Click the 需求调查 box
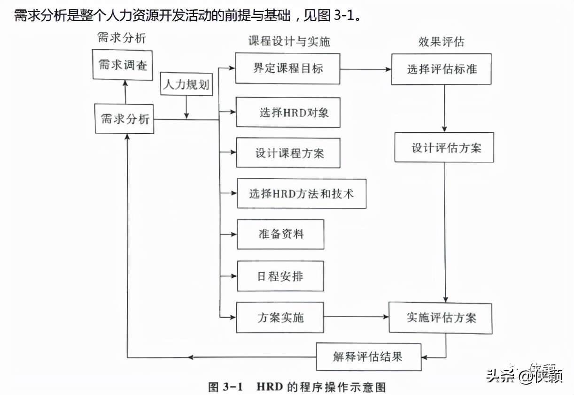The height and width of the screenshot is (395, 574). click(123, 65)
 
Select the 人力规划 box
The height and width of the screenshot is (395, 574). click(185, 84)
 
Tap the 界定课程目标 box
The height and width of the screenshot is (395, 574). click(287, 68)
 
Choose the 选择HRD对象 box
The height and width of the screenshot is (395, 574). click(288, 113)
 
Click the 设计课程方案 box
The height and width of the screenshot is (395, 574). click(288, 153)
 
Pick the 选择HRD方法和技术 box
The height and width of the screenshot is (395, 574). click(301, 193)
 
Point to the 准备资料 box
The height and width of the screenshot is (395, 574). click(280, 234)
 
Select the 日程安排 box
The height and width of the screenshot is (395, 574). click(280, 276)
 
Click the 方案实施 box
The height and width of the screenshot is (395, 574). click(280, 318)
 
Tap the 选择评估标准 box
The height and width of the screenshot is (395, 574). click(441, 69)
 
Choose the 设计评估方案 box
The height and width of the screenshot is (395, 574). click(444, 147)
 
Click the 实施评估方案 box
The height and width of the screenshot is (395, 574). click(441, 318)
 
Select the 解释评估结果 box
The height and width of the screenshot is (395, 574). click(368, 357)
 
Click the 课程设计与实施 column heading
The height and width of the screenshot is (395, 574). click(289, 41)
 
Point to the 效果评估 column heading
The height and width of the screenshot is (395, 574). click(441, 41)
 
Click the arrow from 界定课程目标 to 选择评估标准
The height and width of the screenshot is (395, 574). click(365, 69)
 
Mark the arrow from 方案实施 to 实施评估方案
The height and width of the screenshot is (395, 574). click(356, 317)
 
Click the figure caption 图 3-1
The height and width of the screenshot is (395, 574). click(225, 387)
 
